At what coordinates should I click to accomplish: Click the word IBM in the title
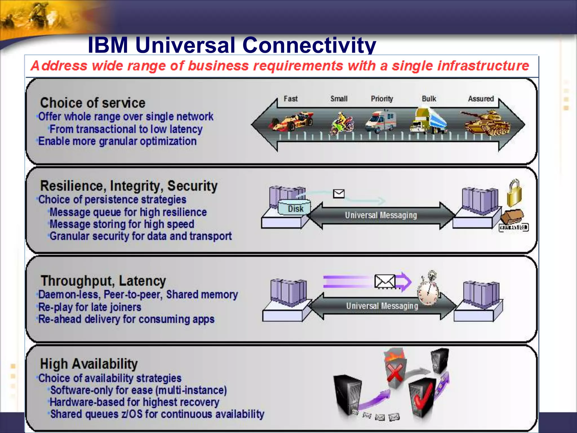pyautogui.click(x=108, y=45)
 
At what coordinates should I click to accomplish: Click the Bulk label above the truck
pyautogui.click(x=429, y=99)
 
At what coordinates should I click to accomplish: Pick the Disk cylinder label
pyautogui.click(x=295, y=209)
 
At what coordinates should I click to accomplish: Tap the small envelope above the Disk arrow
pyautogui.click(x=338, y=194)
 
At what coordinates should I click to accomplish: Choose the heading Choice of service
pyautogui.click(x=92, y=103)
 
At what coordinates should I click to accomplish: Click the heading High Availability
pyautogui.click(x=89, y=364)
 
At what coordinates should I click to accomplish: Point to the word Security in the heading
pyautogui.click(x=192, y=186)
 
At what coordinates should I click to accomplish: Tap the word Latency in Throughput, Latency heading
pyautogui.click(x=142, y=281)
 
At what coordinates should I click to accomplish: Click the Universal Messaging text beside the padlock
pyautogui.click(x=381, y=215)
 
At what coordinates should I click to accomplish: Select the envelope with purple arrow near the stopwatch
pyautogui.click(x=385, y=281)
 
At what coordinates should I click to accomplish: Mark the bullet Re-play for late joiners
pyautogui.click(x=90, y=307)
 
